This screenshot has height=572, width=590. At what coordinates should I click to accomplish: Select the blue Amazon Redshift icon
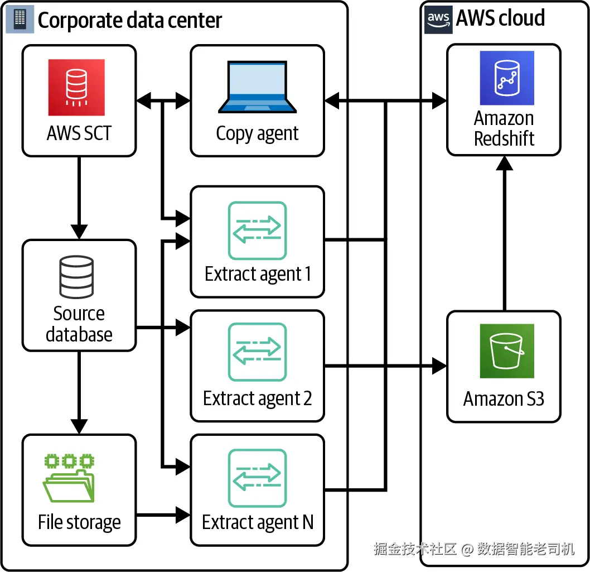(507, 78)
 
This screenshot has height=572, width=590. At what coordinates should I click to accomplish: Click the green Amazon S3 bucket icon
(507, 351)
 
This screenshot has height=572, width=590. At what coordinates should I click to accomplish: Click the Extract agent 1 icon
(257, 230)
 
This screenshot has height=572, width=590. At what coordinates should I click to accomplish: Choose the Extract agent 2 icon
(257, 352)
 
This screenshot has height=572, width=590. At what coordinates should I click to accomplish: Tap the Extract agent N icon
(257, 478)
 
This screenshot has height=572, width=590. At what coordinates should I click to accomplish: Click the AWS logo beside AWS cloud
(439, 19)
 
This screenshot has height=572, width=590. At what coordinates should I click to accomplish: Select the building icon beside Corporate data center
(20, 20)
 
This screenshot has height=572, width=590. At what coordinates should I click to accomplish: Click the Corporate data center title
(129, 21)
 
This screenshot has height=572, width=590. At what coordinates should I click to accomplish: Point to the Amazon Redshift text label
(504, 128)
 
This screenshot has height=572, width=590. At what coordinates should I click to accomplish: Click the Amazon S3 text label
(504, 399)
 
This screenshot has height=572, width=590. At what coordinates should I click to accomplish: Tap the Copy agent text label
(257, 133)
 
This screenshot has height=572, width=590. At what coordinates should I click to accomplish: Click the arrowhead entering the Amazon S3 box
(439, 367)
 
